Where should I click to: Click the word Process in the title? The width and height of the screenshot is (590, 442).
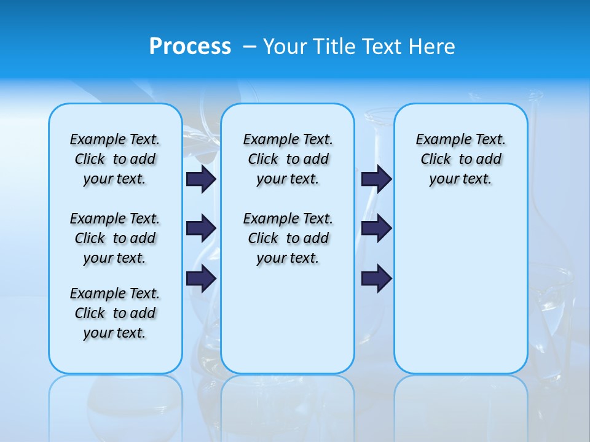click(x=190, y=47)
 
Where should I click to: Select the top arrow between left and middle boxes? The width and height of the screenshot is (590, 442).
click(x=201, y=179)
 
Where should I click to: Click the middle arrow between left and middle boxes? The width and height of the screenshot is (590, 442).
click(x=201, y=228)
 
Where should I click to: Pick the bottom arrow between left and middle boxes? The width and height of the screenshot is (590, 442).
click(x=201, y=278)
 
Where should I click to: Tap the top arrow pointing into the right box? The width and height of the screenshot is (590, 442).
click(x=376, y=179)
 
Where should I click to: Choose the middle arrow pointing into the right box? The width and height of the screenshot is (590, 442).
click(x=376, y=228)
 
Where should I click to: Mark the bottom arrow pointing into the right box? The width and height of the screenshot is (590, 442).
click(x=376, y=278)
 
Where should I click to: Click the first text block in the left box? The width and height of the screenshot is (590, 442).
click(x=115, y=159)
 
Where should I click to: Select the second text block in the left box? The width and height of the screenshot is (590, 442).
click(x=115, y=238)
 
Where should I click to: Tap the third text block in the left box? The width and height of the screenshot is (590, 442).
click(x=115, y=313)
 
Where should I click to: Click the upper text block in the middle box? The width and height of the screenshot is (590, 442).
click(x=288, y=159)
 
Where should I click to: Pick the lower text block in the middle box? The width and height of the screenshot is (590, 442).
click(x=288, y=238)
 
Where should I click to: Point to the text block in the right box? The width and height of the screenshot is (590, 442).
click(x=461, y=159)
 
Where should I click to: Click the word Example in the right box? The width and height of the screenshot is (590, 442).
click(x=438, y=140)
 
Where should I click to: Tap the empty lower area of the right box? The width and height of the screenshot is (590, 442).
click(x=461, y=289)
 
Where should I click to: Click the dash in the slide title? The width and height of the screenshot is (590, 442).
click(x=250, y=47)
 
